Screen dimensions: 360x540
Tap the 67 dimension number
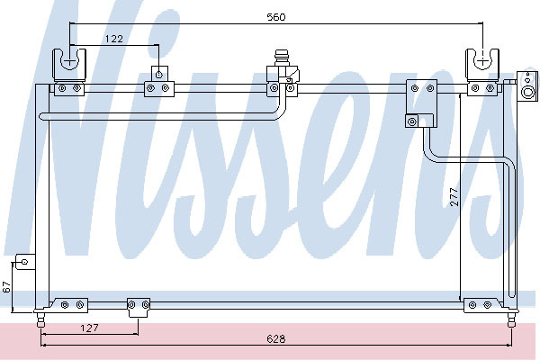point(7,286)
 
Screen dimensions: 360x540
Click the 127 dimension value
point(87,328)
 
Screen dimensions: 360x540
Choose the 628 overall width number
point(275,339)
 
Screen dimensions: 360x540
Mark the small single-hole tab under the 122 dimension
point(158,73)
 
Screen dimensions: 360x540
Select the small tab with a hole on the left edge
point(24,263)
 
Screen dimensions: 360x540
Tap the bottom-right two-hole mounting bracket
point(477,306)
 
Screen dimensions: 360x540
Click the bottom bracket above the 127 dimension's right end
point(138,305)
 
